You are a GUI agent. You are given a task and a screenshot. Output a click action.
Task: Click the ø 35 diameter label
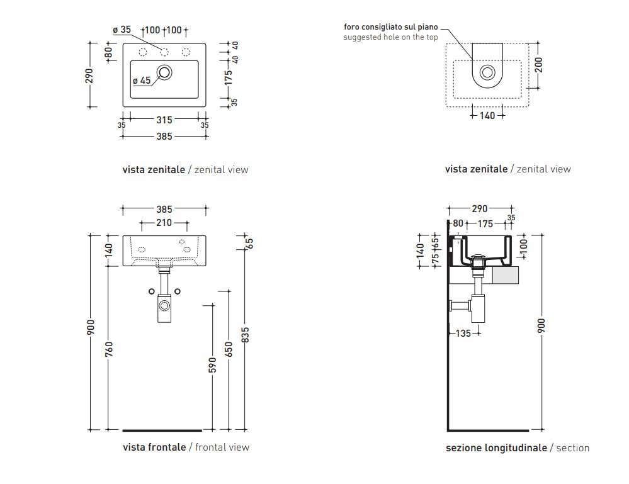coord(122,30)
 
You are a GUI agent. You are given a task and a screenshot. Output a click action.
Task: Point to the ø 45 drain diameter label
coord(142,80)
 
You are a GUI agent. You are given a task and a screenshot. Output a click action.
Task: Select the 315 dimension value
coord(164,120)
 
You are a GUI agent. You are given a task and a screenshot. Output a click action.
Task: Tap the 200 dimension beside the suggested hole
coord(538,64)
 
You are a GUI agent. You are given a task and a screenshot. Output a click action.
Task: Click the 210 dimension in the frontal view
coord(164,222)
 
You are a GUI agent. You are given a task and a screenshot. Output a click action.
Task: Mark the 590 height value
coord(212,365)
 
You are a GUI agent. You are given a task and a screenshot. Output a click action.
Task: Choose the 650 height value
coord(228,349)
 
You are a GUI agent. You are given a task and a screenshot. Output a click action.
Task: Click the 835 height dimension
coord(245,334)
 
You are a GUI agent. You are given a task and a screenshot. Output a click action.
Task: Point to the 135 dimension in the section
coord(463,333)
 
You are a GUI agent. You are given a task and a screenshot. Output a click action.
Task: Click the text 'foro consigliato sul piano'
coord(390,27)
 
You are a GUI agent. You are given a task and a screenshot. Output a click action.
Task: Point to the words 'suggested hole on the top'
coord(390,37)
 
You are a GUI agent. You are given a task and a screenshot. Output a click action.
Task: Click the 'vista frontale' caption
coord(154,447)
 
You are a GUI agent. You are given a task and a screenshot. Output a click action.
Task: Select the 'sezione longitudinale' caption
coord(496,447)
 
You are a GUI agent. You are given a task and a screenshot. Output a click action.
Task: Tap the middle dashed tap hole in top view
coord(164,52)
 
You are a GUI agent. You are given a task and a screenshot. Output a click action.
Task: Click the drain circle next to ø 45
coord(165,72)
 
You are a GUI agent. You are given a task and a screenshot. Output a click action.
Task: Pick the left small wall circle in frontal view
coord(151,291)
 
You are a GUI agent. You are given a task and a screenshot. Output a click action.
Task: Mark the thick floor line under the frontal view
coord(162,431)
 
